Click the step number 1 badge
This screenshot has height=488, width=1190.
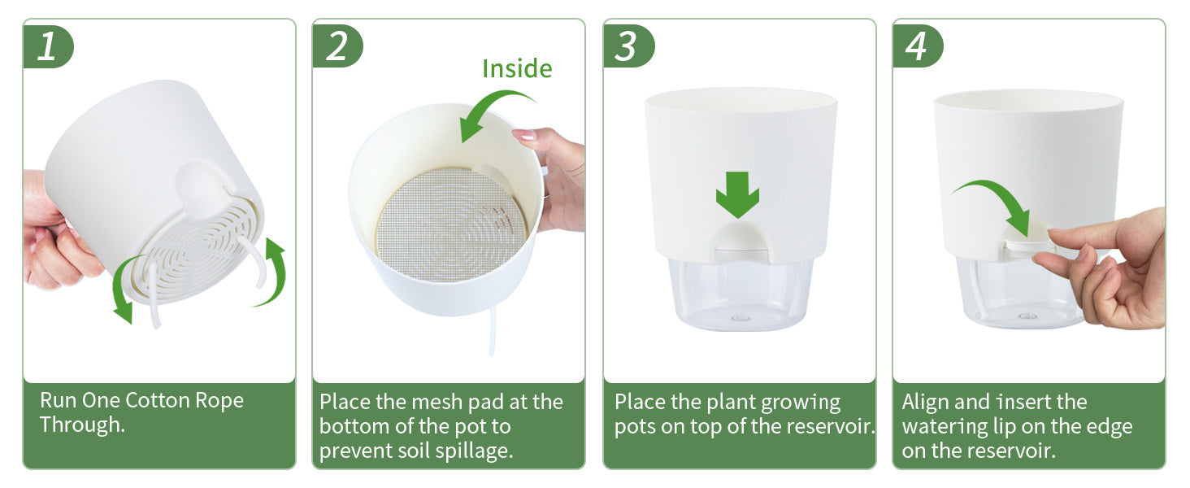[x=48, y=46]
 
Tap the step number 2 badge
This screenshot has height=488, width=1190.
[x=337, y=46]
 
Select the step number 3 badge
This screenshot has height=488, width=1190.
[x=628, y=46]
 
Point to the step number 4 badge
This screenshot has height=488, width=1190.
[x=918, y=46]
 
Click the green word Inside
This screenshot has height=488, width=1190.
[x=517, y=68]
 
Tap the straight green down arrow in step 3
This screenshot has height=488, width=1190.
[x=737, y=194]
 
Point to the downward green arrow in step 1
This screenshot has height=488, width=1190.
[x=121, y=287]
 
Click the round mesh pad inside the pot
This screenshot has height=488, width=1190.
[x=450, y=224]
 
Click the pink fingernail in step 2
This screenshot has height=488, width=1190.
[x=523, y=134]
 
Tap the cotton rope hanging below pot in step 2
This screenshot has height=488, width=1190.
[x=492, y=331]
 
